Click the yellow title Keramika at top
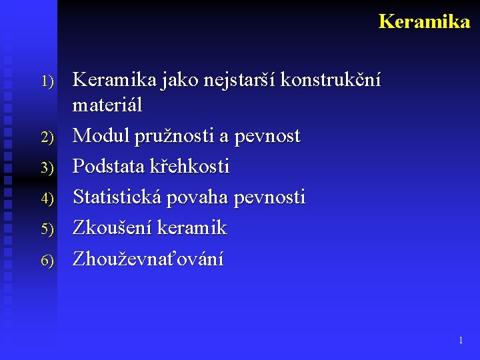(424, 21)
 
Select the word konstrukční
(331, 81)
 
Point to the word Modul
(100, 136)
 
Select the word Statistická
(117, 197)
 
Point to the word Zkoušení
(113, 228)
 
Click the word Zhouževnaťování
(148, 259)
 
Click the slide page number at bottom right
(461, 341)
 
